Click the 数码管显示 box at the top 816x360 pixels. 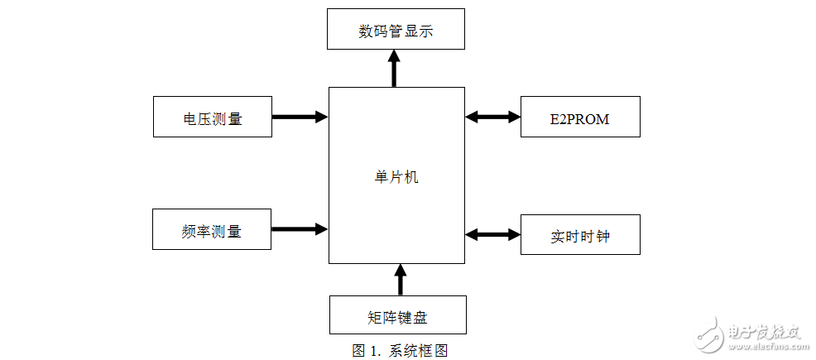(396, 31)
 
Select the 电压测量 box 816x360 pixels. (213, 118)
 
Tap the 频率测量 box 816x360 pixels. (213, 230)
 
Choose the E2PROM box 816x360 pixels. (579, 118)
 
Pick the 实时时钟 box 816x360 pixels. (579, 236)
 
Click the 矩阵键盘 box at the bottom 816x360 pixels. (397, 316)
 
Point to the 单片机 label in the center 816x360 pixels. (396, 176)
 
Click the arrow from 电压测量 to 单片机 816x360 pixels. (300, 117)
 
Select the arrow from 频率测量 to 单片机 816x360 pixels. (300, 228)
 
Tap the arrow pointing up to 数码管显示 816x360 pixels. (395, 69)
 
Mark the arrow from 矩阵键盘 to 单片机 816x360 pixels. (401, 280)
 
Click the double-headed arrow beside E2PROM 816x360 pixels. (492, 117)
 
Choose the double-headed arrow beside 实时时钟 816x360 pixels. (492, 235)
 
